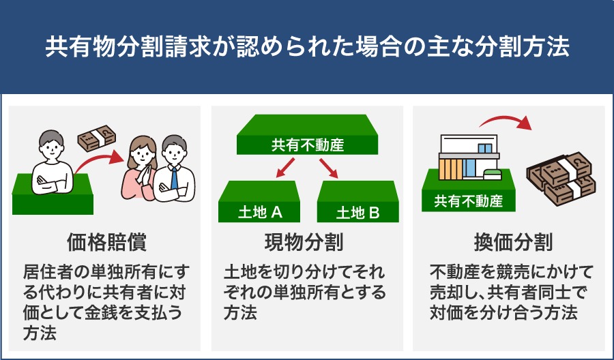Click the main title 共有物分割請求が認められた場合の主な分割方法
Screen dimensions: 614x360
(307, 47)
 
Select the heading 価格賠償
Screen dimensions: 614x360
(107, 242)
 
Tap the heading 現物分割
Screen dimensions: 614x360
(304, 242)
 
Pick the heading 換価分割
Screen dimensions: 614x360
(513, 242)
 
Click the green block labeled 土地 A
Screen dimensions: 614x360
(259, 202)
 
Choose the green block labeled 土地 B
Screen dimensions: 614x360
(358, 202)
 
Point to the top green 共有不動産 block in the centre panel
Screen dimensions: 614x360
(308, 134)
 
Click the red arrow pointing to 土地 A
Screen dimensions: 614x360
(285, 168)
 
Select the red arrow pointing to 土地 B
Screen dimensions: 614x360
(329, 168)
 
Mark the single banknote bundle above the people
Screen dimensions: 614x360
(97, 138)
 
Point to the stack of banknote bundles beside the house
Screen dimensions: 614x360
(561, 178)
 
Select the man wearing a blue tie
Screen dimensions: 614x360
(174, 169)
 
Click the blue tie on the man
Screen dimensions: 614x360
(174, 179)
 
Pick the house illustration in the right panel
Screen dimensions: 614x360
(469, 157)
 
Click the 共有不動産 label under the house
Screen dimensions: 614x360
(468, 201)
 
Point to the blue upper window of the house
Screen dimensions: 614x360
(485, 149)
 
